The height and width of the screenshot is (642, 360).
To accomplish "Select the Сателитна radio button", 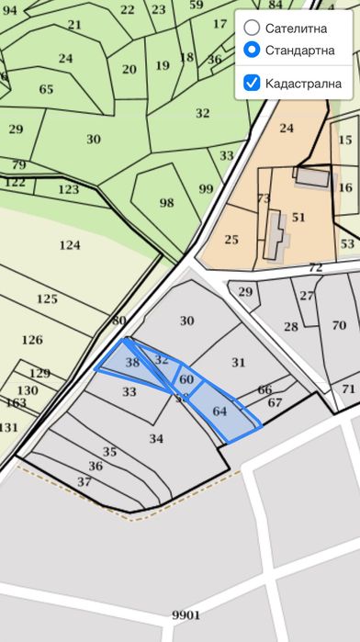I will pyautogui.click(x=252, y=28).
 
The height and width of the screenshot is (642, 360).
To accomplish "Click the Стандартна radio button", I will pyautogui.click(x=252, y=51).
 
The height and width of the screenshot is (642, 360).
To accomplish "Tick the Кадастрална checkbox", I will pyautogui.click(x=252, y=84).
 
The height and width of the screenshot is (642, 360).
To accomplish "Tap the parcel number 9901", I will pyautogui.click(x=186, y=614).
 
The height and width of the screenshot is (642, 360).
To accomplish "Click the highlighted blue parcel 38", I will pyautogui.click(x=131, y=363).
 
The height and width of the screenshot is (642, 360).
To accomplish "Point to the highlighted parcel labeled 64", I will pyautogui.click(x=219, y=411).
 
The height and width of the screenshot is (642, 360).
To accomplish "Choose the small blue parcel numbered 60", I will pyautogui.click(x=186, y=378).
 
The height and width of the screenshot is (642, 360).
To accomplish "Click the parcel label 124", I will pyautogui.click(x=69, y=245).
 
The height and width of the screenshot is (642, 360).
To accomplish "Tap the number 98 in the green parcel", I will pyautogui.click(x=166, y=202).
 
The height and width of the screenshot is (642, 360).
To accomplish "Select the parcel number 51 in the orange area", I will pyautogui.click(x=298, y=218).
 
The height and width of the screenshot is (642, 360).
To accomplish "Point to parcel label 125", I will pyautogui.click(x=47, y=299).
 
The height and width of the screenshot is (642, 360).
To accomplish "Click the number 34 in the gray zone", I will pyautogui.click(x=156, y=438).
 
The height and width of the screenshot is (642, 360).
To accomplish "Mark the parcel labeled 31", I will pyautogui.click(x=239, y=362).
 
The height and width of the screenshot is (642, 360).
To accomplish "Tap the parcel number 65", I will pyautogui.click(x=46, y=89).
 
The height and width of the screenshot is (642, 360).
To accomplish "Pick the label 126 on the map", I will pyautogui.click(x=31, y=340).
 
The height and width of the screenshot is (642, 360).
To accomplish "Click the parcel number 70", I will pyautogui.click(x=339, y=325).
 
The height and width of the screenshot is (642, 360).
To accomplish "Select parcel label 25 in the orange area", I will pyautogui.click(x=231, y=240).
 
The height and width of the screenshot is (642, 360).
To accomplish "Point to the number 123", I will pyautogui.click(x=68, y=189).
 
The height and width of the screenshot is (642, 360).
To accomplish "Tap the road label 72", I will pyautogui.click(x=315, y=267).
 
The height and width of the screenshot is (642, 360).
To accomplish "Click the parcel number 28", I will pyautogui.click(x=291, y=327).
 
